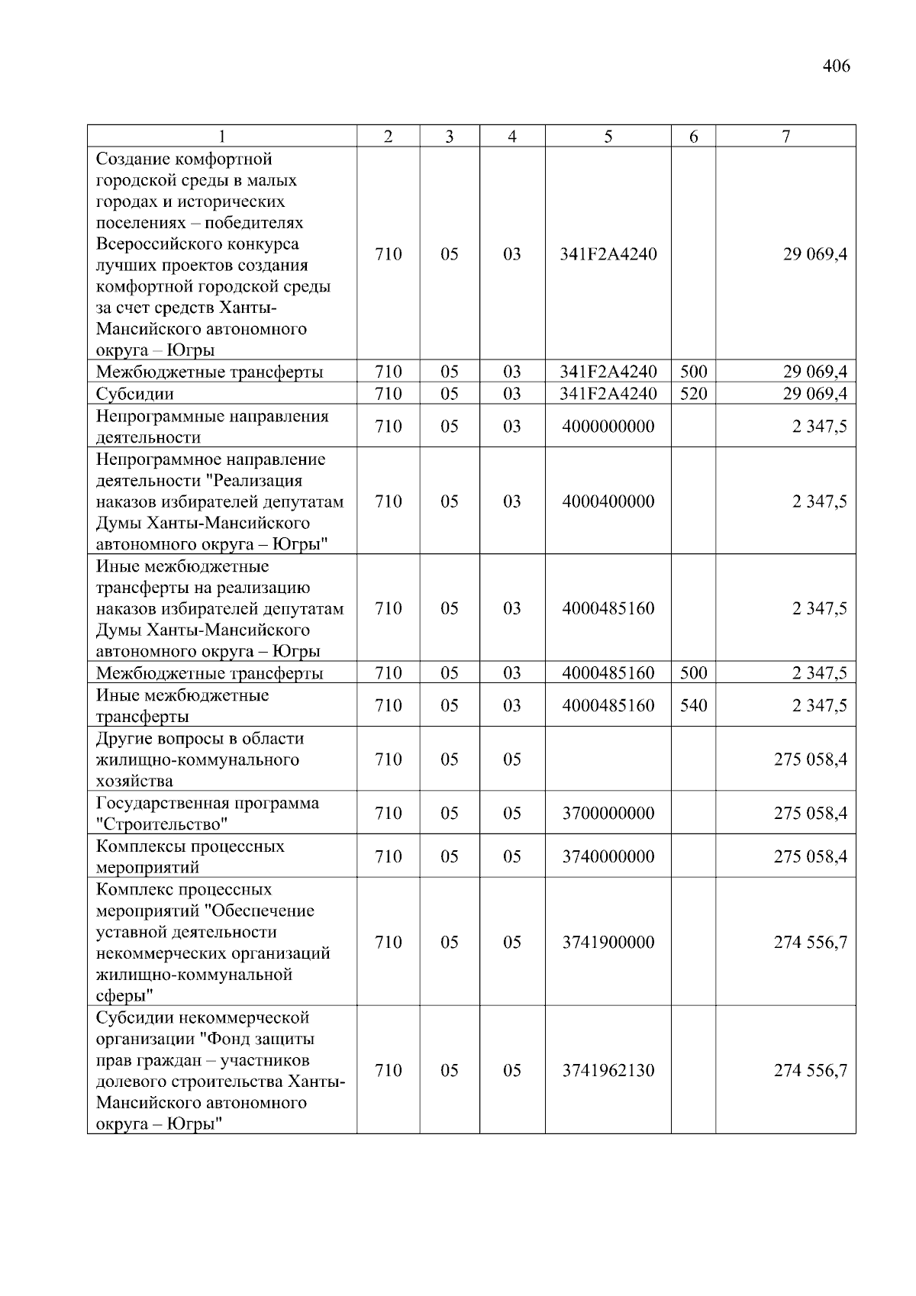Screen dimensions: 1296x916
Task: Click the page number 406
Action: click(836, 66)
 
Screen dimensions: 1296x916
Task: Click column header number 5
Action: click(608, 137)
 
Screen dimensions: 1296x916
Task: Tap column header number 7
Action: click(785, 137)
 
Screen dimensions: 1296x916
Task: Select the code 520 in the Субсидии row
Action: click(693, 394)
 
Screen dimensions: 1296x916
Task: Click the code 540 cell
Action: click(693, 705)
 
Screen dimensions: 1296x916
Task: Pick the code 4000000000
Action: click(608, 427)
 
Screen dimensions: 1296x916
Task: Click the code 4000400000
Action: click(608, 501)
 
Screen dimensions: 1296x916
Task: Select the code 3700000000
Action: click(608, 814)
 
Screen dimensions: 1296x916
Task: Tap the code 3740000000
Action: click(608, 856)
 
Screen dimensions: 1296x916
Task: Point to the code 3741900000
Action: click(608, 943)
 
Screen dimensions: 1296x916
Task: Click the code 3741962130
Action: click(608, 1071)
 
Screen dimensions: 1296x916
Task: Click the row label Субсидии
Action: click(134, 395)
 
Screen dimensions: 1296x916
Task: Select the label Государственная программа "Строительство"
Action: click(207, 814)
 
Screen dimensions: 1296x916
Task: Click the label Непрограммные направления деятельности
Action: click(211, 427)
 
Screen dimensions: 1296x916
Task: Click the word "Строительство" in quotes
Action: click(162, 824)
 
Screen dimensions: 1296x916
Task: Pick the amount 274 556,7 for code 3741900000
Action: click(810, 943)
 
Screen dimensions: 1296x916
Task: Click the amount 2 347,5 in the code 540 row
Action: click(819, 705)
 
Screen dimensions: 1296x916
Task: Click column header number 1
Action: click(221, 137)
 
